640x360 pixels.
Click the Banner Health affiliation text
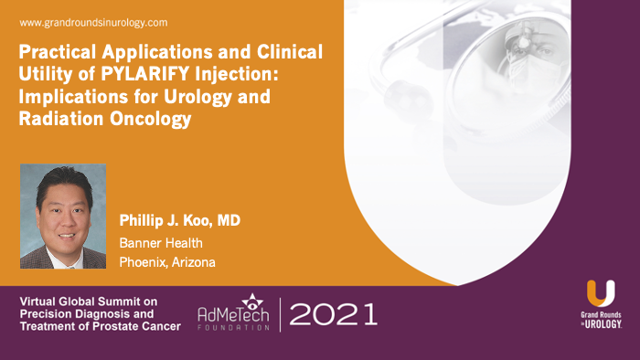[x=161, y=242]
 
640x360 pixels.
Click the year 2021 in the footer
[x=333, y=315]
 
